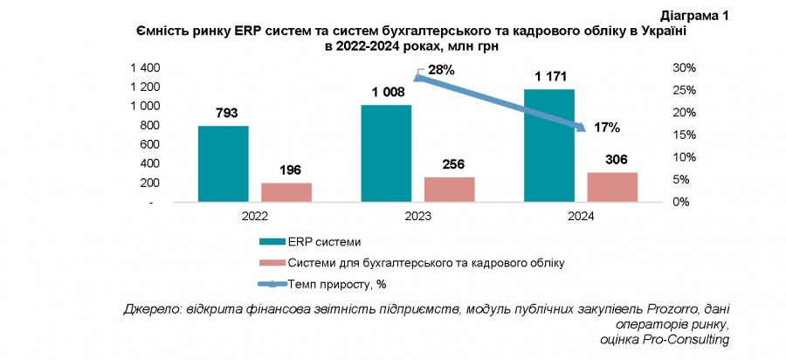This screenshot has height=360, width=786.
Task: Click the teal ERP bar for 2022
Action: pyautogui.click(x=223, y=163)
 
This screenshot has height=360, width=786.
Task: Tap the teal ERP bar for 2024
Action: pyautogui.click(x=548, y=145)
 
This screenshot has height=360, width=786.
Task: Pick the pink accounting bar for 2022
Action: pyautogui.click(x=286, y=192)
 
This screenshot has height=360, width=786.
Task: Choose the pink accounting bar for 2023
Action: pyautogui.click(x=450, y=189)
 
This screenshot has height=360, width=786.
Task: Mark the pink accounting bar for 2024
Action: pyautogui.click(x=613, y=186)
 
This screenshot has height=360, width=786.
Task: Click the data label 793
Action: pyautogui.click(x=223, y=114)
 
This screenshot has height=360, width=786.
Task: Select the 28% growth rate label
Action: pyautogui.click(x=440, y=70)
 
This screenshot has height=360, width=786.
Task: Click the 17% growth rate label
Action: pyautogui.click(x=606, y=128)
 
